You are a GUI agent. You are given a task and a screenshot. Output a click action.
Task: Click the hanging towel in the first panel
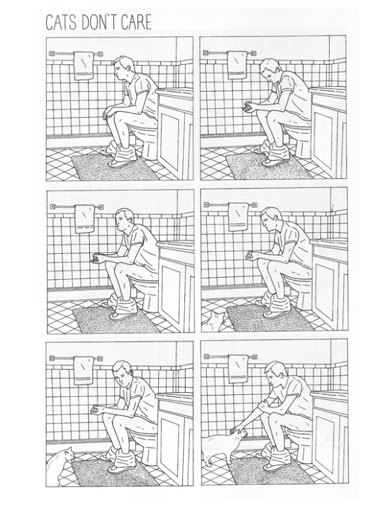(x=84, y=66)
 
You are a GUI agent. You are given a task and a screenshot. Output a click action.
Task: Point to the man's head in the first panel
(x=121, y=68)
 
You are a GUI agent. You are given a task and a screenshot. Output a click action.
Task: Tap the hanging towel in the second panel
(x=237, y=65)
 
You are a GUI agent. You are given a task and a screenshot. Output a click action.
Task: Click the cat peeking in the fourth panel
(x=214, y=321)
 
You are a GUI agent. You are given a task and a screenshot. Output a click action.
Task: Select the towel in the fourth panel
(x=239, y=217)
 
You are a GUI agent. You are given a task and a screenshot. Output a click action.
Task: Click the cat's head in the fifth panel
(x=68, y=454)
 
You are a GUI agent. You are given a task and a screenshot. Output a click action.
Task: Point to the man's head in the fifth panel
(x=121, y=373)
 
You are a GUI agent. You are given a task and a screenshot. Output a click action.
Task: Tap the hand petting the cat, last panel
(x=237, y=430)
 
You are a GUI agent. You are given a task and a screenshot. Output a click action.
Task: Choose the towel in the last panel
(x=238, y=369)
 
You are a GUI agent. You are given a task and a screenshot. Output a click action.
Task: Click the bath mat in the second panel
(x=269, y=167)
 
